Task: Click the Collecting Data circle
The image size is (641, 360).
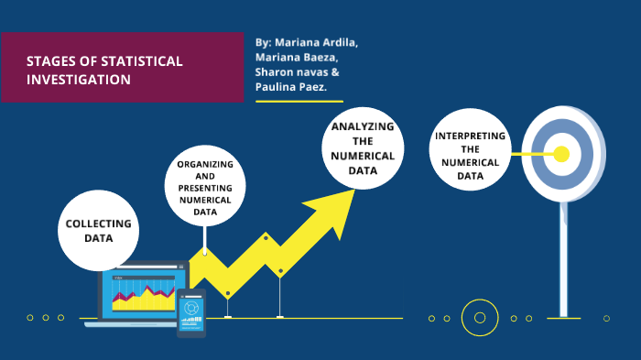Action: [x=98, y=230]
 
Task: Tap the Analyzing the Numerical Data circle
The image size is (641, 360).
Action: [x=364, y=149]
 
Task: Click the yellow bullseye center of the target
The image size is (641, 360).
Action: [x=562, y=153]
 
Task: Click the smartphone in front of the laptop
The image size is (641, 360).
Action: [x=191, y=312]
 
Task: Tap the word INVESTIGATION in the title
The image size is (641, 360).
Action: [x=78, y=80]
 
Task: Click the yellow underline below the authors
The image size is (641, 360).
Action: [x=299, y=101]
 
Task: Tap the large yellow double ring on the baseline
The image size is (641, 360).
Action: [x=479, y=318]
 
